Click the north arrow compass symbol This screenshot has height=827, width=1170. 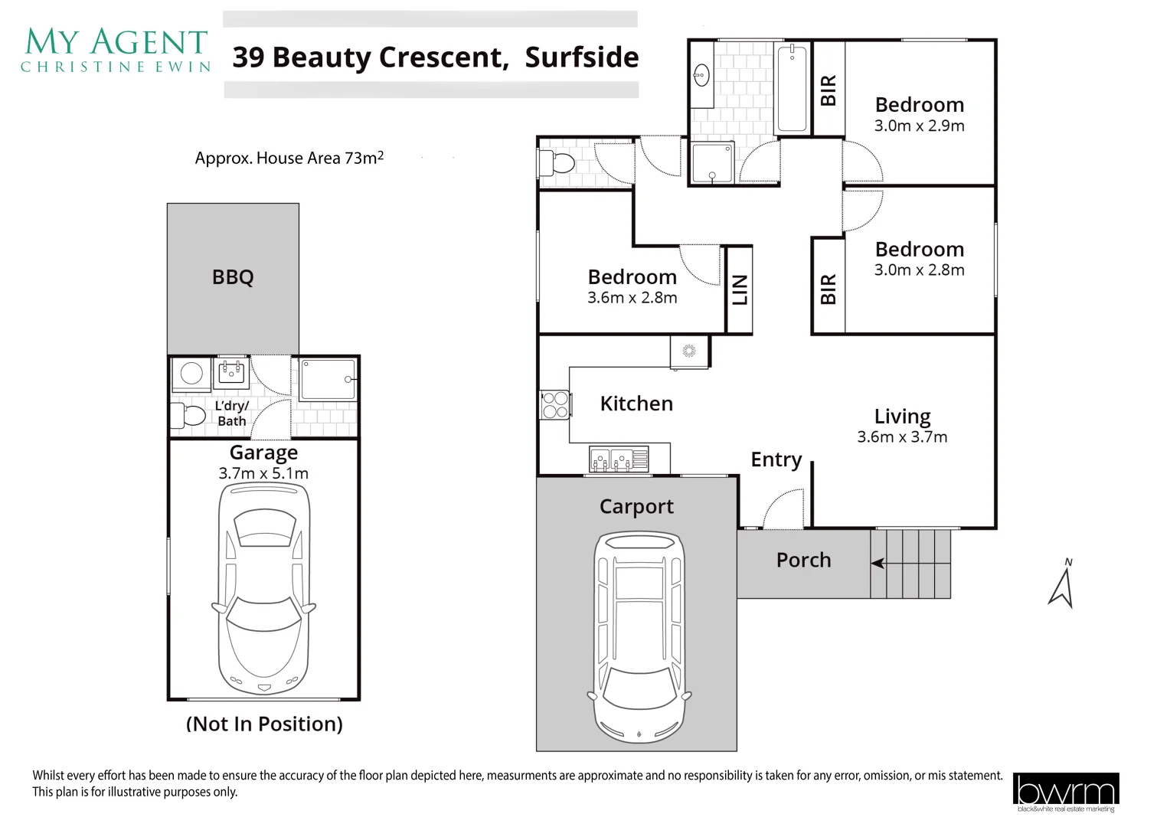[1061, 586]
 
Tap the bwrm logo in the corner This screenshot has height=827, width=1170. [1065, 792]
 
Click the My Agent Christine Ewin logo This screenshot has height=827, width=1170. [116, 51]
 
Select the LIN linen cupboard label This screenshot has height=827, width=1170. [740, 290]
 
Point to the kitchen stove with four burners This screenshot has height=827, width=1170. [555, 405]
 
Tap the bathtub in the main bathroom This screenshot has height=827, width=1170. [792, 88]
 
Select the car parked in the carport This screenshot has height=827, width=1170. [639, 638]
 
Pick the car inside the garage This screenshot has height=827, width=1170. [263, 590]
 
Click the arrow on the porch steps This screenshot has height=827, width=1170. [878, 564]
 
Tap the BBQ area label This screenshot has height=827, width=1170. [233, 277]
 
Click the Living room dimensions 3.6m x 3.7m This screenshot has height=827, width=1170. [902, 437]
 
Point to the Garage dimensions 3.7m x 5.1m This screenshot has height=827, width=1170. [263, 474]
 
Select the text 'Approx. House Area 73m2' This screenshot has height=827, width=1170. [289, 158]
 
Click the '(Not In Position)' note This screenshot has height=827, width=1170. [264, 724]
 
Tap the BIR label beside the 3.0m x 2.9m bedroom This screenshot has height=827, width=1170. [828, 90]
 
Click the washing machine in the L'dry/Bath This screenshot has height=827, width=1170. [191, 374]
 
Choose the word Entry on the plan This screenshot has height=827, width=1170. [776, 459]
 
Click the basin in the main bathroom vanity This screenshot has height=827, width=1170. [701, 75]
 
